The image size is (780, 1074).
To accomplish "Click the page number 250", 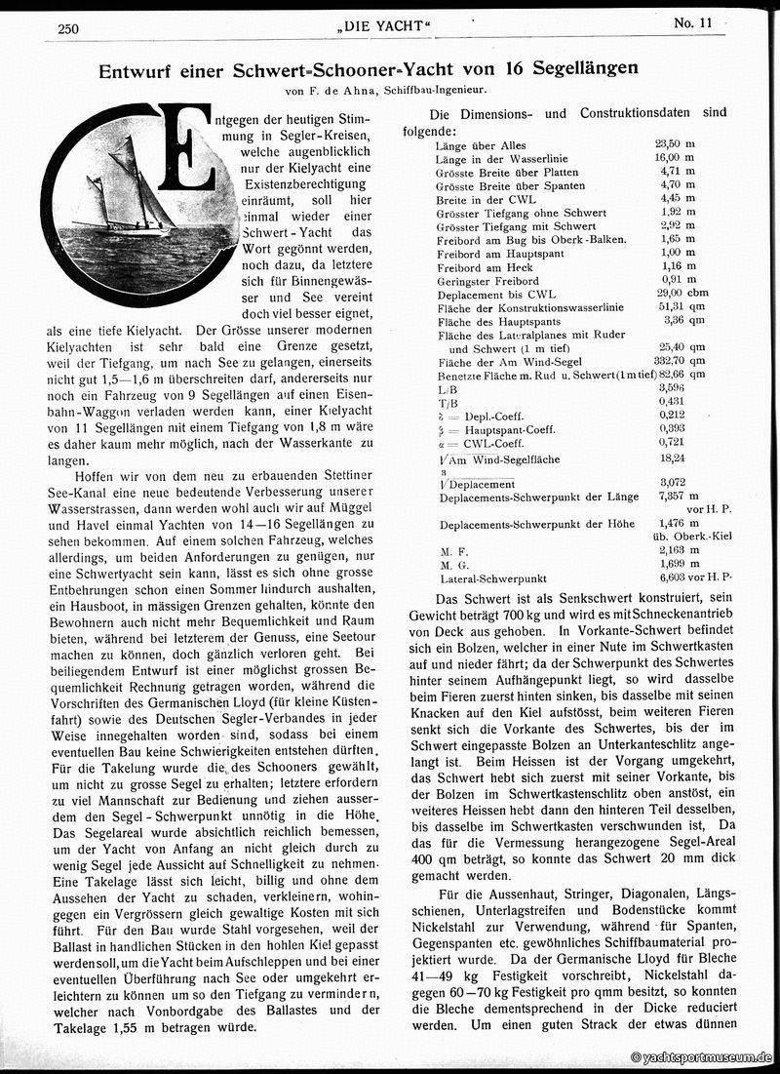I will [68, 28].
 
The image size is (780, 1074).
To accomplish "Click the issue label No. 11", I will [693, 23].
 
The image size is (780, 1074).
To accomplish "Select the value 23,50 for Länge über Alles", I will [670, 145].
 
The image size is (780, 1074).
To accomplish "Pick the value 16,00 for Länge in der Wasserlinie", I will [670, 159].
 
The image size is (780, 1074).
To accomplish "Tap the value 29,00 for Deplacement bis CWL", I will [670, 295].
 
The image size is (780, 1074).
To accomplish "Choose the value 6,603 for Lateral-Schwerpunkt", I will [672, 578].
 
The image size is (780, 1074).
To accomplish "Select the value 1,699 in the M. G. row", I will [672, 565].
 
